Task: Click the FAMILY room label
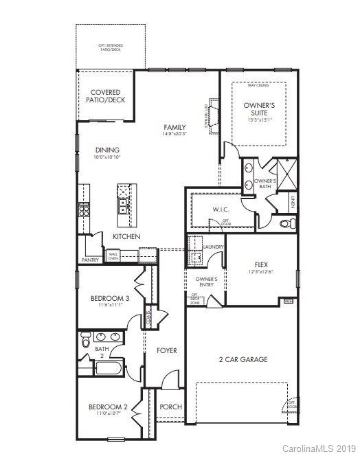(175, 127)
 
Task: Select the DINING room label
(107, 150)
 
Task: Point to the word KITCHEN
(126, 236)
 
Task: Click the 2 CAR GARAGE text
(243, 359)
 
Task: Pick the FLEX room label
(260, 264)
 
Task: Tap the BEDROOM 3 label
(110, 298)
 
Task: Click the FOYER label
(166, 350)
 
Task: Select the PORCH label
(170, 407)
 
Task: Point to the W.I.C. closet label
(220, 209)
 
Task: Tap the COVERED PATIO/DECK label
(105, 96)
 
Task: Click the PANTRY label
(90, 260)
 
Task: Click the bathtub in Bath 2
(109, 369)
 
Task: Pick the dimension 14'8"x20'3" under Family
(175, 135)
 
